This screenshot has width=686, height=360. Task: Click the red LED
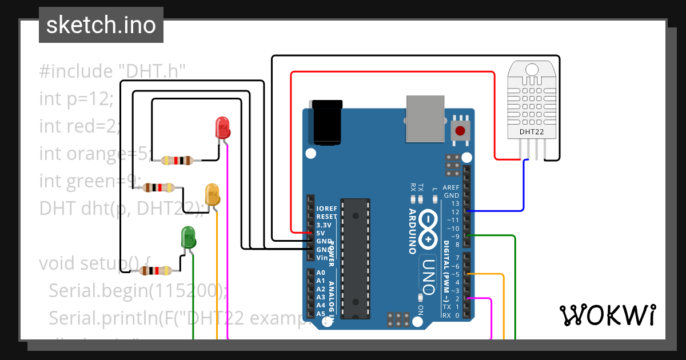coord(222,127)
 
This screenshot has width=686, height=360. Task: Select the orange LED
coord(212,194)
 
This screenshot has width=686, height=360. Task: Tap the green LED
coord(188,237)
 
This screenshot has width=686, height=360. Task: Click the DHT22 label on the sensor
coord(531,133)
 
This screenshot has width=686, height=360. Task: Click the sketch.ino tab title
coord(101,25)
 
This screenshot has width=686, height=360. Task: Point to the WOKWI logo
coord(607,315)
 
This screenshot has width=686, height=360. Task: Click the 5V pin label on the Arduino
coord(321,233)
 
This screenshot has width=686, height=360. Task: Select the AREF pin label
coord(451,187)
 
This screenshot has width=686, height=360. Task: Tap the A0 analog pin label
coord(321,273)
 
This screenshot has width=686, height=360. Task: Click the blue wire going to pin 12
coord(524,189)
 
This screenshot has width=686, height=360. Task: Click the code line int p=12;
coord(77,98)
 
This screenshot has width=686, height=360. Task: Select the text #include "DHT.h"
coord(113,71)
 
